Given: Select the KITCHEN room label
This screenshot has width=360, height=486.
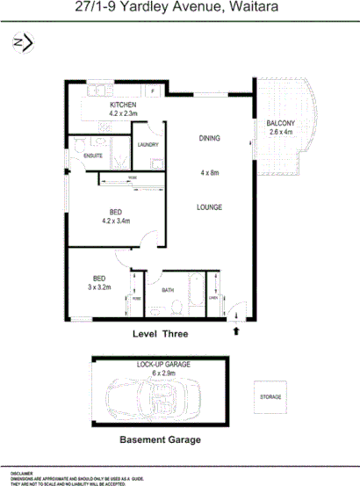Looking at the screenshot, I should pyautogui.click(x=99, y=105).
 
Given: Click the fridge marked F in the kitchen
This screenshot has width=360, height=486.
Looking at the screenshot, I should pyautogui.click(x=152, y=91).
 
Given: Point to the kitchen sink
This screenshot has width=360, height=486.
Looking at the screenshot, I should pyautogui.click(x=97, y=90).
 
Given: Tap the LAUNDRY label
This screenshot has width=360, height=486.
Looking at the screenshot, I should pyautogui.click(x=146, y=145).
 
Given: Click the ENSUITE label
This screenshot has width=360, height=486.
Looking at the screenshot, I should pyautogui.click(x=93, y=156).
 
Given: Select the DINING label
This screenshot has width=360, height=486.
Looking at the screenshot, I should pyautogui.click(x=209, y=138).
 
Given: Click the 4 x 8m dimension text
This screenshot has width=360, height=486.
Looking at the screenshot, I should pyautogui.click(x=209, y=173).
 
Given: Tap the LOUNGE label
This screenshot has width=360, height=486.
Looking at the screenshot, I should pyautogui.click(x=209, y=207).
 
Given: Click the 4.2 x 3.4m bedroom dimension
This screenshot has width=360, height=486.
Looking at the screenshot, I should pyautogui.click(x=115, y=221).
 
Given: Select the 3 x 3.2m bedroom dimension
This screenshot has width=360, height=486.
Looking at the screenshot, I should pyautogui.click(x=99, y=287).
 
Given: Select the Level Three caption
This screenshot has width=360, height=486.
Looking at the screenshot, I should pyautogui.click(x=160, y=335).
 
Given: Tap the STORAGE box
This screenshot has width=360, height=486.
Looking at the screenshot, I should pyautogui.click(x=270, y=397).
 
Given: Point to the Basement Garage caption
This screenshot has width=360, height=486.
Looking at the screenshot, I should pyautogui.click(x=160, y=439).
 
